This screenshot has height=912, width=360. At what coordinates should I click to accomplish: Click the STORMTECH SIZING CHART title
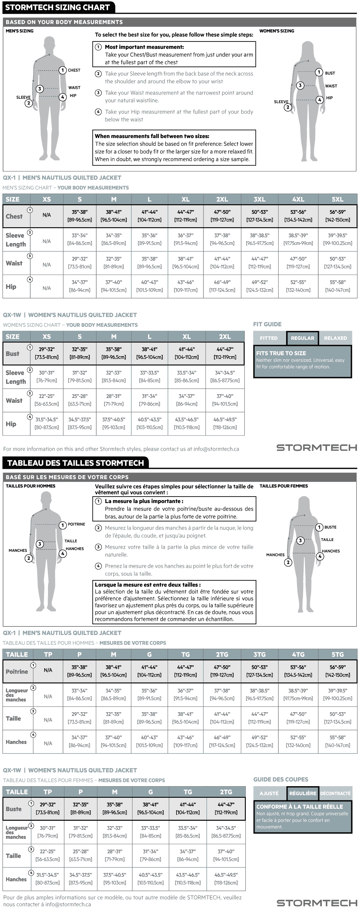point(57,7)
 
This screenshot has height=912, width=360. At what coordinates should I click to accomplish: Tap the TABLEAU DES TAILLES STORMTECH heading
point(75,463)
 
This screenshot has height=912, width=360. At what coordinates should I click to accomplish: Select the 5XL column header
point(337,199)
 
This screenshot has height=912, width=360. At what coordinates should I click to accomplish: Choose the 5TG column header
point(337,655)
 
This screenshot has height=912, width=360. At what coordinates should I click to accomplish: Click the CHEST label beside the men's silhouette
point(74,70)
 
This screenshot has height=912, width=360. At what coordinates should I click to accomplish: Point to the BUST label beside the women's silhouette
point(330,73)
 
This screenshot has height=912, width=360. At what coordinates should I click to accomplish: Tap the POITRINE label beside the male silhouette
point(76,524)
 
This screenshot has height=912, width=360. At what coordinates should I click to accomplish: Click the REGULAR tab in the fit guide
point(303,338)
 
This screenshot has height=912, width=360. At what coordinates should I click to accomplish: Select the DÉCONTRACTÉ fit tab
point(335,793)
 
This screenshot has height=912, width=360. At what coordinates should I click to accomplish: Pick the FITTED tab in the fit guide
point(269,338)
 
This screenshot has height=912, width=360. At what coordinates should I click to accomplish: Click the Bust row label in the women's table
point(13,354)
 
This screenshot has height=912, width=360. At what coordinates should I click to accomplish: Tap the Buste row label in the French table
point(14,809)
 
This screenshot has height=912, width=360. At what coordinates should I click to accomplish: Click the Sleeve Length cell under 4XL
point(298,239)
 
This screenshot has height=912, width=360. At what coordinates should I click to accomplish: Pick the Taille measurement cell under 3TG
point(260,718)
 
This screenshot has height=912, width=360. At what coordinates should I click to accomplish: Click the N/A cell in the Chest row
point(46,215)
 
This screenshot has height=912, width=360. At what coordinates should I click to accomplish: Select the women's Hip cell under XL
point(187,423)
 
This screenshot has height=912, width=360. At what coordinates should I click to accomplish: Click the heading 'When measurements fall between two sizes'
point(152,136)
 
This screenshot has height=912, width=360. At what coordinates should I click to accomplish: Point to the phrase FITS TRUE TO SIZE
point(281,353)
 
